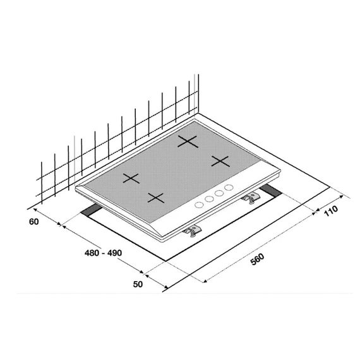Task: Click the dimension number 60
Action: (34, 222)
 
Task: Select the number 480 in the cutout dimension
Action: (92, 253)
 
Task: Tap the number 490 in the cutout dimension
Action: (114, 253)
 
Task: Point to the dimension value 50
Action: (138, 284)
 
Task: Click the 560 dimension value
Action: (257, 259)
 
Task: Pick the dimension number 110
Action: (331, 211)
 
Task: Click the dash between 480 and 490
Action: (103, 253)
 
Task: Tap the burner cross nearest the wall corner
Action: (188, 141)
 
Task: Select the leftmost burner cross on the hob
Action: (131, 178)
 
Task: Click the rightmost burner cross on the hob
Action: (220, 161)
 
